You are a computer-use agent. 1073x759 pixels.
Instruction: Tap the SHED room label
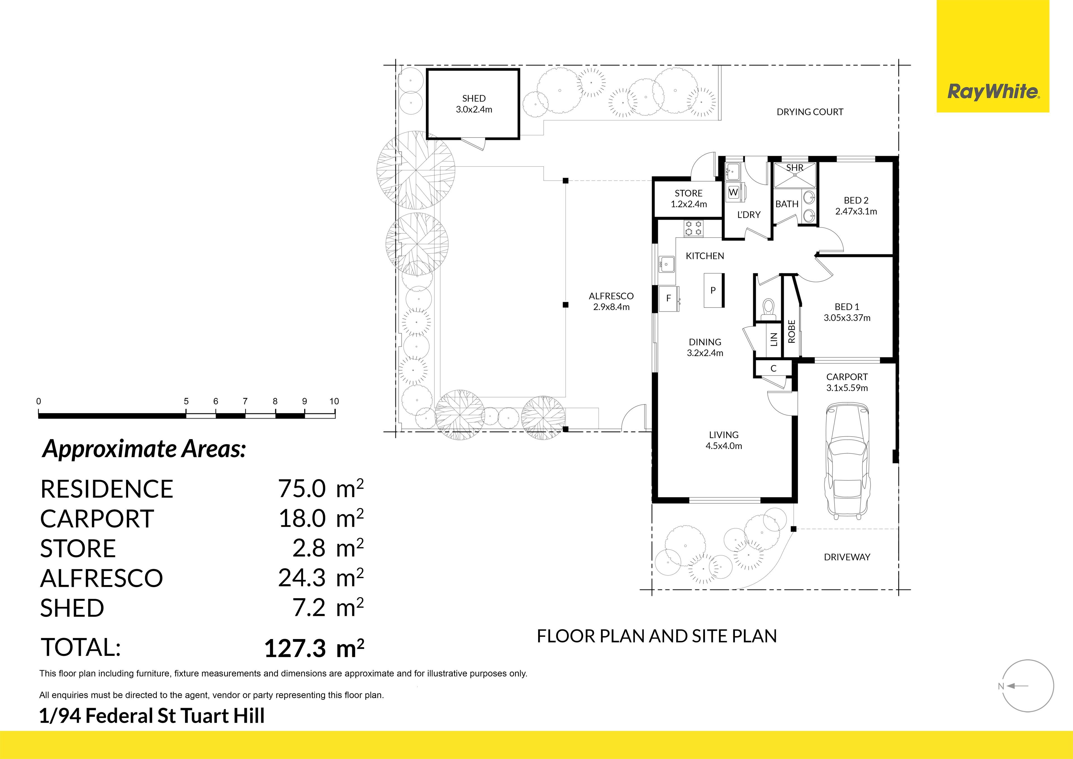click(474, 98)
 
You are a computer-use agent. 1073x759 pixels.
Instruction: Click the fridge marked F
click(668, 298)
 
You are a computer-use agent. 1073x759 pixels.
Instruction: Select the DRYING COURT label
click(810, 112)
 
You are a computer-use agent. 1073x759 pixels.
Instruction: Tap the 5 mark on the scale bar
click(186, 401)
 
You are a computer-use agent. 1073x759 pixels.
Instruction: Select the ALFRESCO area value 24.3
click(302, 578)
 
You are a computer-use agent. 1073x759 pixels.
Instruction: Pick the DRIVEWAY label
click(847, 557)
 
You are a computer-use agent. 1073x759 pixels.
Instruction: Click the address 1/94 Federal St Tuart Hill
click(152, 716)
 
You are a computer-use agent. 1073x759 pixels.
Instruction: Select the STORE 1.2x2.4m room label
click(689, 199)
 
